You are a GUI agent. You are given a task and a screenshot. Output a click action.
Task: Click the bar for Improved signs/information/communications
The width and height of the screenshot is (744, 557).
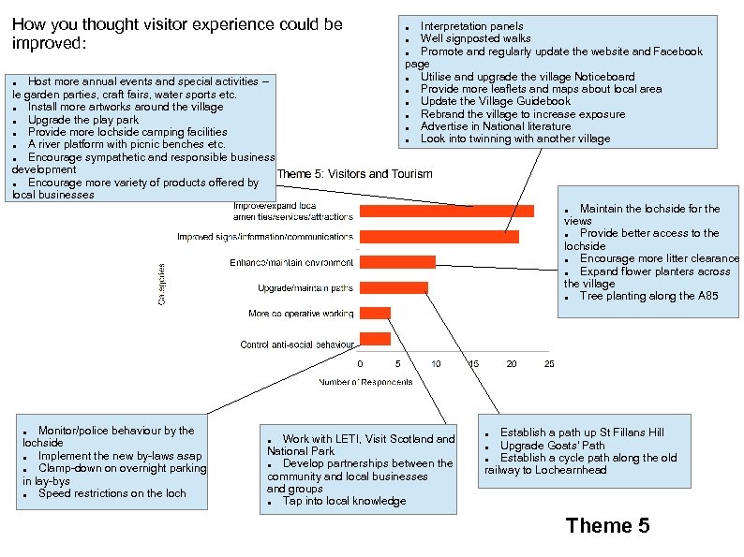439,237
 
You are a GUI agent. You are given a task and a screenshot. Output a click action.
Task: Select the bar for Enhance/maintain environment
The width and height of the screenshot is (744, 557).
397,262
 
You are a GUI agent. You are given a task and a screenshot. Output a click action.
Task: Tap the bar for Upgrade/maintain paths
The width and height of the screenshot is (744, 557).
394,287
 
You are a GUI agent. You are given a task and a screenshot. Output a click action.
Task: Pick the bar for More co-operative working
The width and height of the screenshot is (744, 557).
375,313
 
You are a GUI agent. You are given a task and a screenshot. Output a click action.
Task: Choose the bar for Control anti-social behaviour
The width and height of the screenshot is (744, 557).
375,338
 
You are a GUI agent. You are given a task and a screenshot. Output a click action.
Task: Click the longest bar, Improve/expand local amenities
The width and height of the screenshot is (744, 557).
446,212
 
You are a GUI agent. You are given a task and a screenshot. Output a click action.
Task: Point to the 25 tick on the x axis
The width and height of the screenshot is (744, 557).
549,363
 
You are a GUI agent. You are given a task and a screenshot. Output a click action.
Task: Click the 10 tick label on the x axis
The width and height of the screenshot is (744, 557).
436,363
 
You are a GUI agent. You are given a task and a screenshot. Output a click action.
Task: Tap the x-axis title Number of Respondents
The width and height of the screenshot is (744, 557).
365,382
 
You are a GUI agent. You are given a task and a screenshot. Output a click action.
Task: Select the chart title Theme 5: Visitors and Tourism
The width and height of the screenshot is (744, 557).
355,174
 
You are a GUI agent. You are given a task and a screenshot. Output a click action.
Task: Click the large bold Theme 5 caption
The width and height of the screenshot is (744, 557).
607,525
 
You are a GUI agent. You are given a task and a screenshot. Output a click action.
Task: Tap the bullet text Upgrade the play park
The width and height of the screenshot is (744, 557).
83,120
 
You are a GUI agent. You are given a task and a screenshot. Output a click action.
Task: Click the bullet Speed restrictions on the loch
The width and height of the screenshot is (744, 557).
112,493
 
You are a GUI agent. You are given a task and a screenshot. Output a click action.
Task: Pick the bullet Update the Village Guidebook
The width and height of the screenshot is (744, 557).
495,101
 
